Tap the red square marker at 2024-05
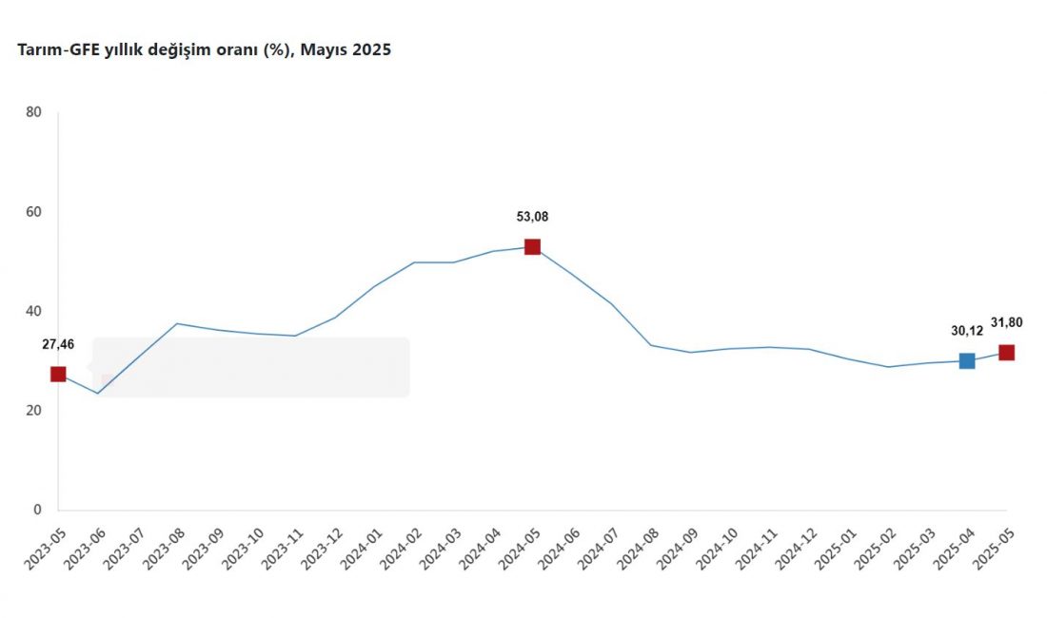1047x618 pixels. coord(532,246)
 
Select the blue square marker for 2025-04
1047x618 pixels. coord(967,360)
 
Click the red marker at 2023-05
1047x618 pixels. coord(58,374)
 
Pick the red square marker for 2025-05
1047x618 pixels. coord(1006,352)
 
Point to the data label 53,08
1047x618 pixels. coord(532,217)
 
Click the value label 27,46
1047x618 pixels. coord(57,344)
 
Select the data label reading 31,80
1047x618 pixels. coord(1006,322)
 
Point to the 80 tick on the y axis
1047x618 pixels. coord(34,112)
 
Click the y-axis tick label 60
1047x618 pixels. coord(34,212)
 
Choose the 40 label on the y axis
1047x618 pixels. coord(34,311)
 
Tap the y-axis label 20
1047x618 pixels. coord(34,411)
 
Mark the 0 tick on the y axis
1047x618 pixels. coord(38,510)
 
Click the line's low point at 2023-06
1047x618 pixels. coord(97,393)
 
